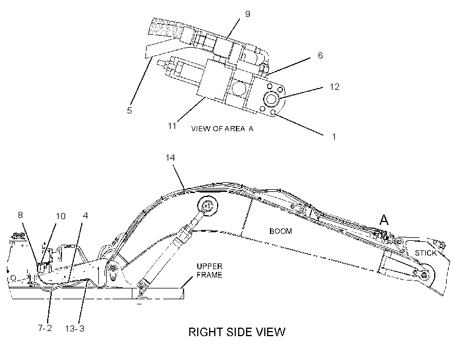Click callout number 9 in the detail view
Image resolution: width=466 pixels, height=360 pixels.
tap(248, 14)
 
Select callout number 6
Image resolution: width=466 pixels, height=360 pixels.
tap(320, 55)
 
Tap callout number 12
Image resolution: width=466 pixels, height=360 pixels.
tap(334, 87)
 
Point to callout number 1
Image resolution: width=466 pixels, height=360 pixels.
tap(334, 137)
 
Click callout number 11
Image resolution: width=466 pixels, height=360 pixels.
tap(172, 126)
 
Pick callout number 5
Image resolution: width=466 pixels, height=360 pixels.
tap(129, 111)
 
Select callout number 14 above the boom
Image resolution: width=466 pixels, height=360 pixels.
tap(170, 158)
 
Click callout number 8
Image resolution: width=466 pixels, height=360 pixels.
tap(20, 215)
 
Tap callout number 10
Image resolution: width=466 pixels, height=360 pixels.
tap(61, 216)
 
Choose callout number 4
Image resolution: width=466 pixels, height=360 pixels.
tap(85, 215)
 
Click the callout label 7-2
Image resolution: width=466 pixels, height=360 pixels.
tap(45, 328)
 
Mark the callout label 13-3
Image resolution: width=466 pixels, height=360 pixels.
tap(74, 329)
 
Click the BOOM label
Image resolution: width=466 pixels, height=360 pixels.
tap(281, 231)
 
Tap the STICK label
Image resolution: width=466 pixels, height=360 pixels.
tap(426, 253)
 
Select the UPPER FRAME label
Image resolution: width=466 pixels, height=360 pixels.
tap(210, 271)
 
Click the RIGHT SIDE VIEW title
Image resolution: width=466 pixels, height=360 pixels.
tap(237, 332)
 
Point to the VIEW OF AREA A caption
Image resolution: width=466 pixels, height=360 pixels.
tap(222, 129)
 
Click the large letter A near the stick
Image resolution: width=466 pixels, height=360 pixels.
tap(384, 220)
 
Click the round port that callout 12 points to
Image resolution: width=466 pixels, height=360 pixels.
tap(271, 99)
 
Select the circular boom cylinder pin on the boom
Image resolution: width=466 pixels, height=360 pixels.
tap(207, 205)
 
